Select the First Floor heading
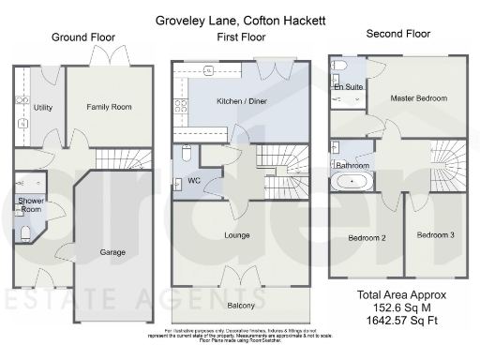pos(240,37)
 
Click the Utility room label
pos(42,108)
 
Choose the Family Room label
pos(109,108)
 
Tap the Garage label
pos(112,252)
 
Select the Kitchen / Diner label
pos(241,100)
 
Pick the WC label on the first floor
pos(196,181)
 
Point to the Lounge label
pos(238,234)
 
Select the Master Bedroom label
pos(418,97)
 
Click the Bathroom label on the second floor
pos(352,166)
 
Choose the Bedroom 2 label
pos(367,236)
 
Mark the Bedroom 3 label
pos(435,234)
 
